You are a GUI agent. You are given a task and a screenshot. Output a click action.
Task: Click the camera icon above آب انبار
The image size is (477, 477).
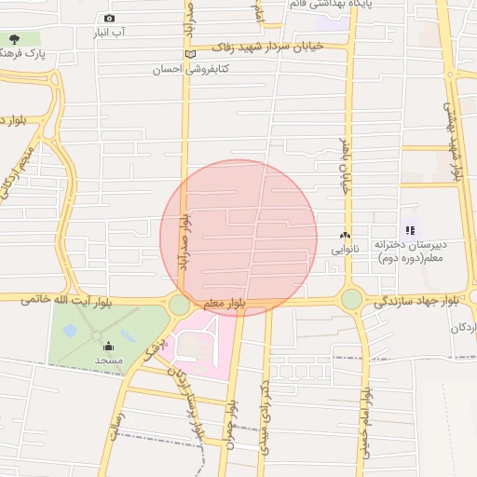pos(110,18)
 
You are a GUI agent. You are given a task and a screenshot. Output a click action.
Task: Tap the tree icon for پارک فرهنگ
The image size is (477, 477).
pos(13,39)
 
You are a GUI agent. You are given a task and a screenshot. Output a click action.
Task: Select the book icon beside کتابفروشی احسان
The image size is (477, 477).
pos(191,53)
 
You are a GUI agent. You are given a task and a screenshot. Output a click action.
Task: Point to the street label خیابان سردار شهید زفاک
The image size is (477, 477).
pos(266,46)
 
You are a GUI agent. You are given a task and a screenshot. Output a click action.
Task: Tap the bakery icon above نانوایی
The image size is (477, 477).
pos(345,236)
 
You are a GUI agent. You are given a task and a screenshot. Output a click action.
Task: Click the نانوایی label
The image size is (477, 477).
pos(343,250)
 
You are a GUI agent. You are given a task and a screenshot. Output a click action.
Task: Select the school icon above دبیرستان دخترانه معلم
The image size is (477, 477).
pos(409,229)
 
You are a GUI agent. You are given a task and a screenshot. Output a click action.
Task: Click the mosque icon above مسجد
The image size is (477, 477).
pos(108,345)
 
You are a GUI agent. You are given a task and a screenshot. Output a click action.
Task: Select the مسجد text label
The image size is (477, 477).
pos(108,360)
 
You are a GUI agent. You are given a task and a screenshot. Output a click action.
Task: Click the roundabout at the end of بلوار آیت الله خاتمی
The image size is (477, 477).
pos(179,305)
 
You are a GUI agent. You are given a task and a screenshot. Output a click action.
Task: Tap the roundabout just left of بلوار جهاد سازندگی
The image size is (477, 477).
pos(351,299)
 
